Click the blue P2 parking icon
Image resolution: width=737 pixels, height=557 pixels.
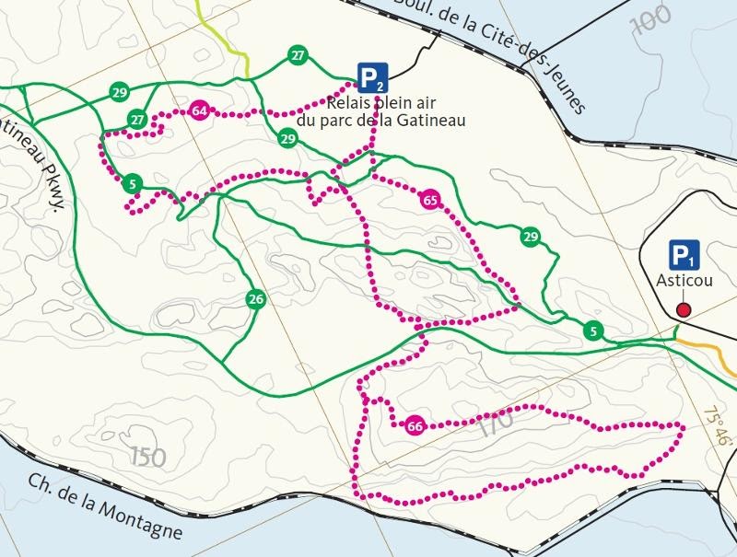point(372,77)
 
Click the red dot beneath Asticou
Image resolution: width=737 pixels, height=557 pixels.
point(684,309)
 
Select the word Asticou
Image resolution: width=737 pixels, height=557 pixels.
point(684,283)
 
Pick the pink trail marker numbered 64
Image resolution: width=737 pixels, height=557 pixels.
point(198,112)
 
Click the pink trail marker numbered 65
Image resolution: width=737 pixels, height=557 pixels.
point(429,200)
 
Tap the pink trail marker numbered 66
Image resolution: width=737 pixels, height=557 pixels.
point(415,425)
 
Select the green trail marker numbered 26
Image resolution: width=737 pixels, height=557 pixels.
point(256,299)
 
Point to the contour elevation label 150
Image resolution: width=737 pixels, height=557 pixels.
point(148,455)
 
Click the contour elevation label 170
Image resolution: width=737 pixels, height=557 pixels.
point(495,425)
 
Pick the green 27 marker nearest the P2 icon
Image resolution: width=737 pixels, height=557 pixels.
point(297,55)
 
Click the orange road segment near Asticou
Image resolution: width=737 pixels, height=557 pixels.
point(705,345)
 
